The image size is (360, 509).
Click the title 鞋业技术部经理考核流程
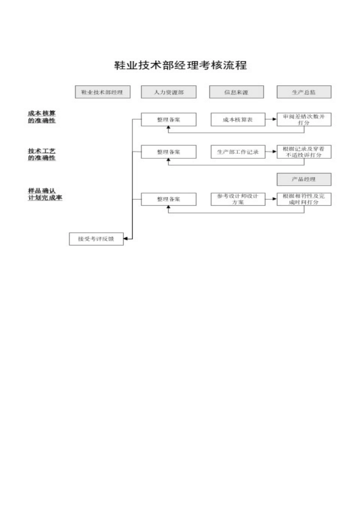coord(180,65)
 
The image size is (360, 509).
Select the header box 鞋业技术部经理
coord(102,92)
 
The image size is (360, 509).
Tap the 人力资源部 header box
coord(169,92)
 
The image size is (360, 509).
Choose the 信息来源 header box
coord(236,92)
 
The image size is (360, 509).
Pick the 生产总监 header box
coord(304,92)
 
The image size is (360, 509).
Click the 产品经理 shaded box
coord(304,179)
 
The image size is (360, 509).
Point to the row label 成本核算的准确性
coord(42,117)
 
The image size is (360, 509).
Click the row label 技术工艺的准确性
coord(42,154)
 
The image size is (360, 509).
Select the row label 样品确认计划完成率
coord(45,194)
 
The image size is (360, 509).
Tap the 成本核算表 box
coord(238,120)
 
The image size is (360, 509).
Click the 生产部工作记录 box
coord(238,152)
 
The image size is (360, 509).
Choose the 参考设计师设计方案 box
coord(238,199)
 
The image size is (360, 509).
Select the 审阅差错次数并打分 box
coord(304,120)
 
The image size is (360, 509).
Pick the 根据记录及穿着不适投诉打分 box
coord(304,152)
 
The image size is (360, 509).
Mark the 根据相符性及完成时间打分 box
coord(304,199)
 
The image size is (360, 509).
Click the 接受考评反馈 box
coord(96,239)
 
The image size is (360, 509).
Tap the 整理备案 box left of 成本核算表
coord(169,120)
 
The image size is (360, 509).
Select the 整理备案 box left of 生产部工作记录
coord(169,152)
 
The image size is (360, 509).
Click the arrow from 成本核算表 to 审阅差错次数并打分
coord(271,120)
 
